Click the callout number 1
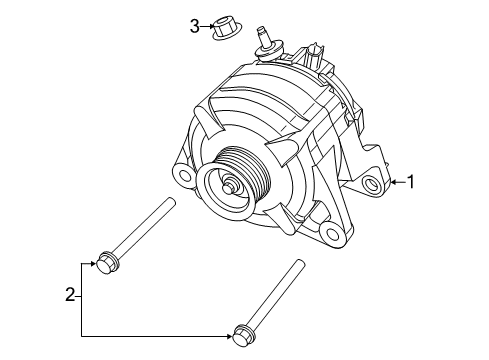[x=408, y=182]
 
